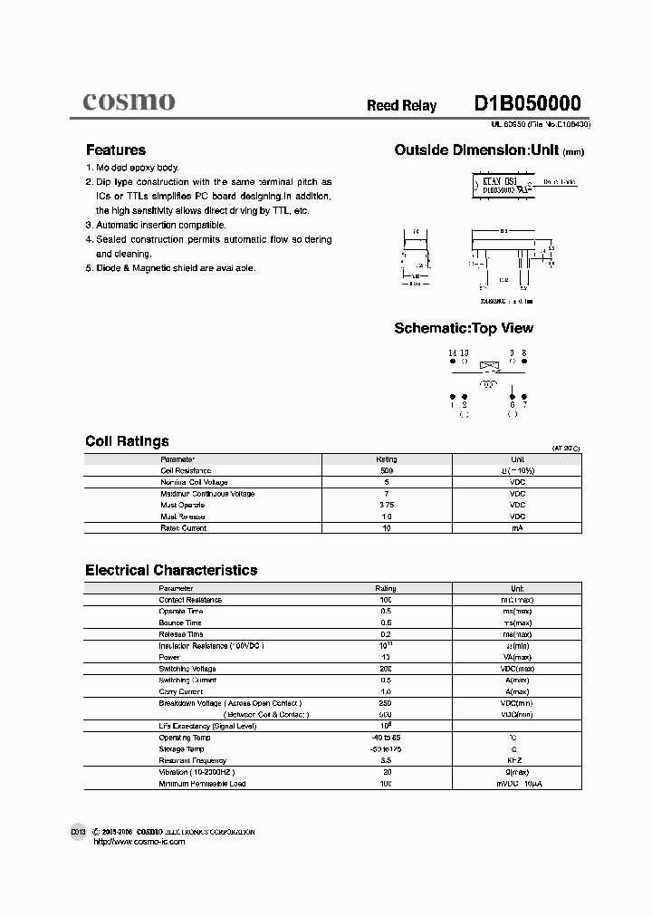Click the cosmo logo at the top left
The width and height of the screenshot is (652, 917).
[x=129, y=101]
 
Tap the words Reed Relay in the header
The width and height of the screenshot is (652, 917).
[x=401, y=106]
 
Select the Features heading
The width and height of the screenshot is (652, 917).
[x=115, y=150]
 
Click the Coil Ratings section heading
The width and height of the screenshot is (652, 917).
[x=127, y=441]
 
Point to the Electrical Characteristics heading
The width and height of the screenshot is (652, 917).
[x=171, y=570]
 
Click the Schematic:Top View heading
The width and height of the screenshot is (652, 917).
[x=464, y=328]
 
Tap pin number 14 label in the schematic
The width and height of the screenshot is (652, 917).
[x=453, y=352]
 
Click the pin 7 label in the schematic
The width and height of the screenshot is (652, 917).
[x=523, y=405]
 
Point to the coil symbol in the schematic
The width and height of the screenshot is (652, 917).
[x=488, y=384]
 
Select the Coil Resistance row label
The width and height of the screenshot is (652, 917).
[x=186, y=470]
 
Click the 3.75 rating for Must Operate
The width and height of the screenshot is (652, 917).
[x=386, y=505]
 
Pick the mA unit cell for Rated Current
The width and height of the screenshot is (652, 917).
[x=517, y=527]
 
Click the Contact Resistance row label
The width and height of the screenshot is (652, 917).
[x=190, y=600]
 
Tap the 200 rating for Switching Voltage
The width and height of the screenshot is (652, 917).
[x=386, y=668]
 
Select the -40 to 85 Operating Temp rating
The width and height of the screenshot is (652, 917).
[x=386, y=738]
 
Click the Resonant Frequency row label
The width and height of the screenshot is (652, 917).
[x=193, y=760]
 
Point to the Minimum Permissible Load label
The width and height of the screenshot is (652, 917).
[x=202, y=783]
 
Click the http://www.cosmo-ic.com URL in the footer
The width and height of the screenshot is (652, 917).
[x=139, y=842]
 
